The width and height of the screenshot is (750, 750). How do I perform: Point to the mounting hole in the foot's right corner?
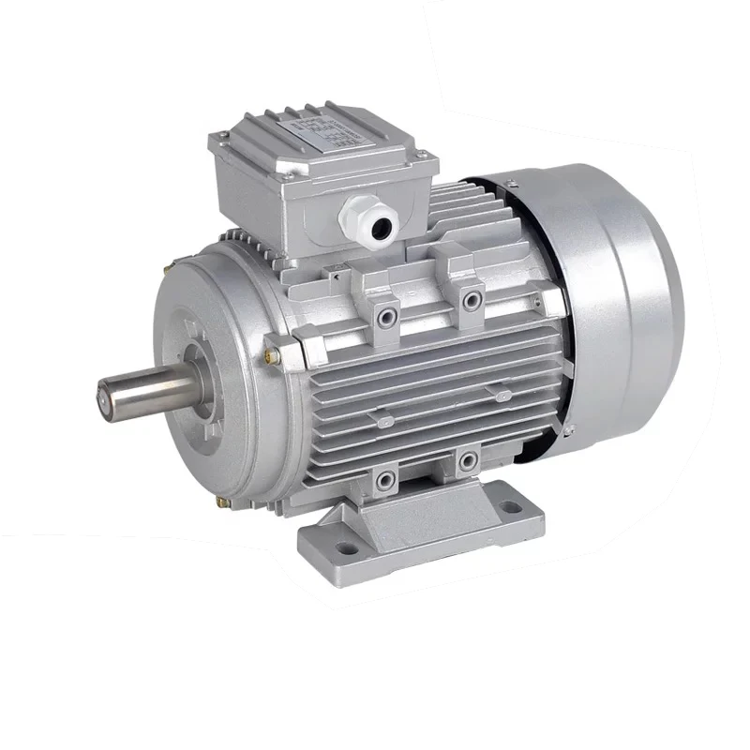click(x=511, y=507)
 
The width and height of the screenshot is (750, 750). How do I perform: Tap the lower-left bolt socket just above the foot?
click(x=385, y=480)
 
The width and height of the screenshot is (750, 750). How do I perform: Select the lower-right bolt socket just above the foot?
click(x=466, y=460)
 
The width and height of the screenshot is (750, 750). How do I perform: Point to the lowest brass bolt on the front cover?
click(x=224, y=505)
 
